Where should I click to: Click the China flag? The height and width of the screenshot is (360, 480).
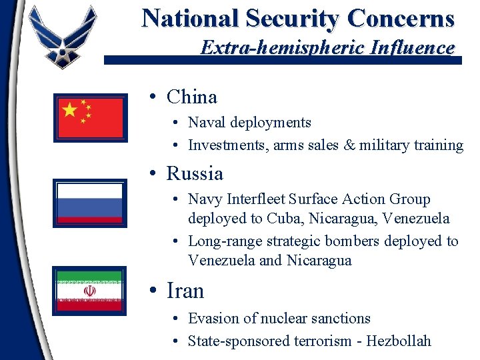coord(91,117)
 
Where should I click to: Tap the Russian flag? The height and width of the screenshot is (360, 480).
coord(90,203)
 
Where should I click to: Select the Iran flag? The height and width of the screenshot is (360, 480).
coord(89,291)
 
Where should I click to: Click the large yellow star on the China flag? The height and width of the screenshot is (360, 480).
coord(70,110)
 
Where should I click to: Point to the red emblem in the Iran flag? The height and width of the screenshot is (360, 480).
coord(89,291)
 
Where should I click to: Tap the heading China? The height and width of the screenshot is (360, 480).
coord(192,97)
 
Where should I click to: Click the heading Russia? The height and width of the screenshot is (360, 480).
coord(195,173)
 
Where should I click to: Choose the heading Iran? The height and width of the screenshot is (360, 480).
coord(185,291)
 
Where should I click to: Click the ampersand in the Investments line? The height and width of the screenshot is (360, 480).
coord(348,145)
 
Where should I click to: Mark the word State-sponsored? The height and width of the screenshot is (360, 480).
coord(239,341)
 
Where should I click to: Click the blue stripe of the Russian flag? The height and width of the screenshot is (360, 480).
coord(90,203)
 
